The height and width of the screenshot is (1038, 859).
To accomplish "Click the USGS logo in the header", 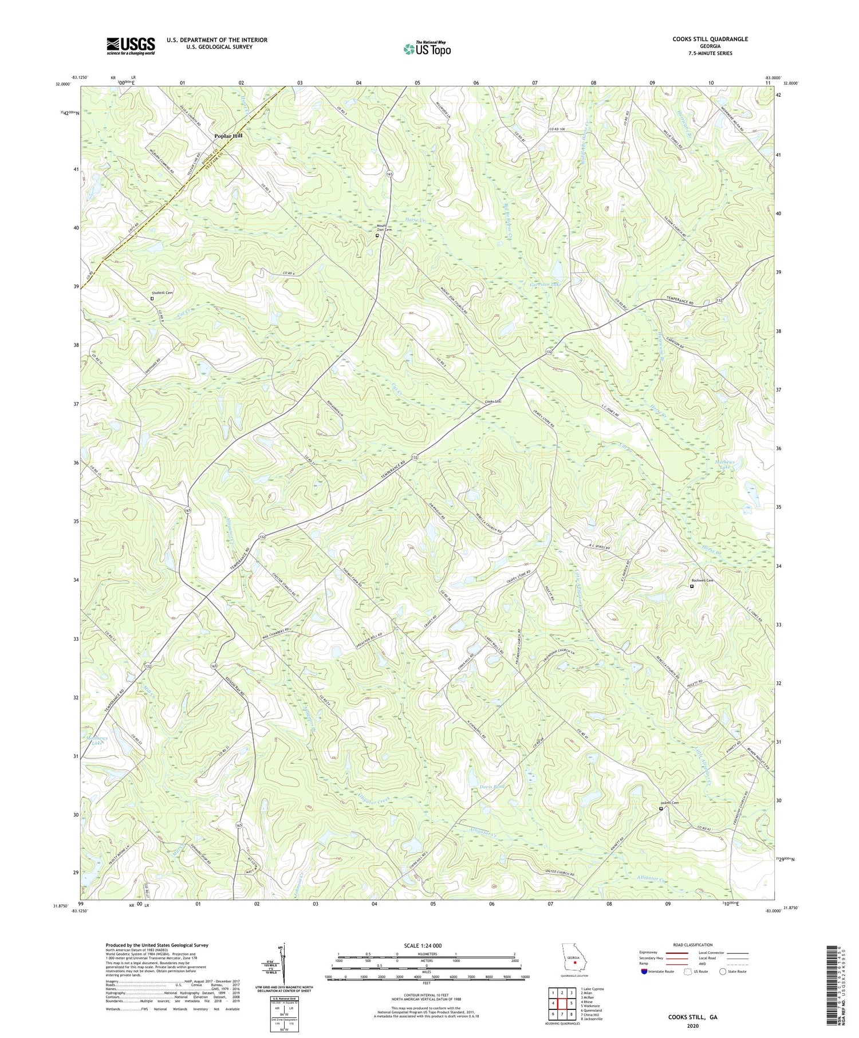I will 131,46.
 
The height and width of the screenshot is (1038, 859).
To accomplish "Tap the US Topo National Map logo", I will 427,49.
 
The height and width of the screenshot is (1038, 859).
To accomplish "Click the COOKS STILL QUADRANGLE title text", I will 710,39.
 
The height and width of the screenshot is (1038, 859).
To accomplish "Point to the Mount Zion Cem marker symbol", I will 377,235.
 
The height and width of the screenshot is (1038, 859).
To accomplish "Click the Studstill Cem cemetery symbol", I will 152,298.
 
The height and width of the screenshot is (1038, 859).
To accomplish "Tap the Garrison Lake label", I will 545,284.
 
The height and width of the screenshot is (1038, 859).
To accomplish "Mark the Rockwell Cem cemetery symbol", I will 691,586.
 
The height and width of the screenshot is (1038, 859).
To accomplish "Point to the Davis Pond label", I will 492,787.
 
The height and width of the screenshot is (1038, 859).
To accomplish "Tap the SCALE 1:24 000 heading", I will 427,945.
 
